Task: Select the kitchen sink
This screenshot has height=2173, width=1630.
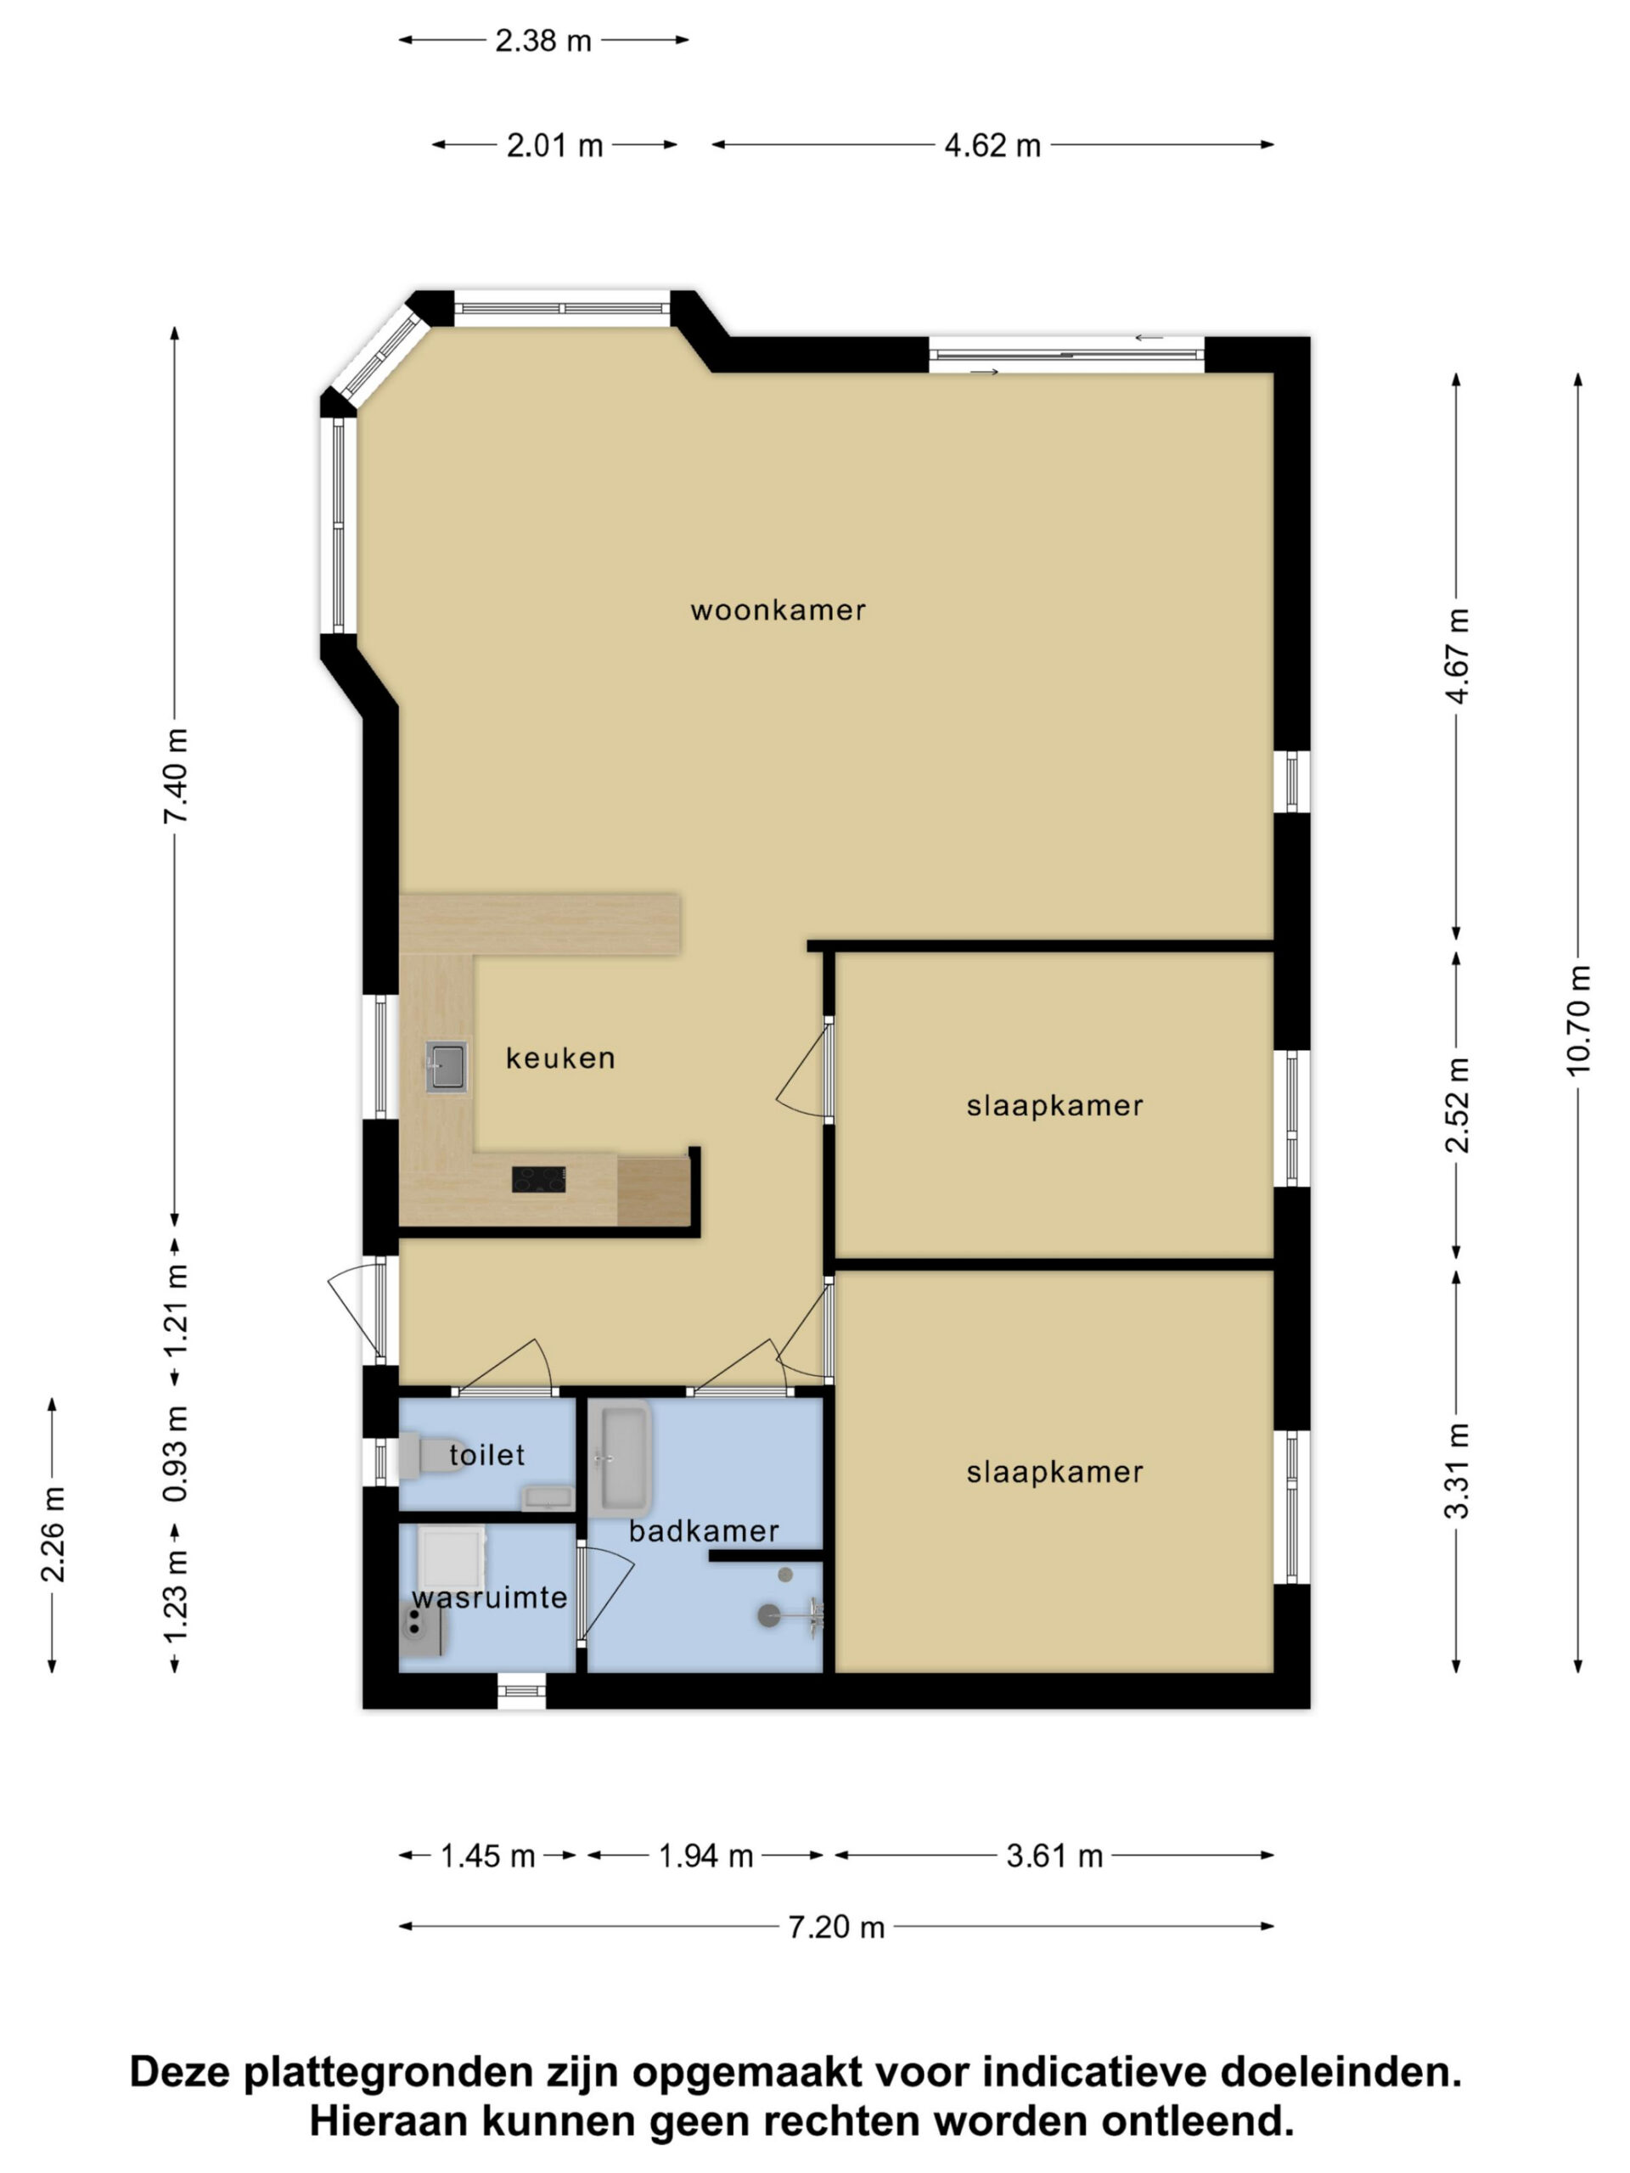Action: [x=446, y=1067]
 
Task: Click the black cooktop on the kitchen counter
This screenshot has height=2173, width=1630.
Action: [x=538, y=1179]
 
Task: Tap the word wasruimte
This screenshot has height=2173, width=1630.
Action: [x=489, y=1597]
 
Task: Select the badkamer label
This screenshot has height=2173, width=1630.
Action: [x=704, y=1530]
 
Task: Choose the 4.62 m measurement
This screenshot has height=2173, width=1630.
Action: [x=992, y=145]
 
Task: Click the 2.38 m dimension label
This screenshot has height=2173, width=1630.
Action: [x=543, y=40]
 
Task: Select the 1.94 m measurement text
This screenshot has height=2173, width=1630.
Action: [x=705, y=1856]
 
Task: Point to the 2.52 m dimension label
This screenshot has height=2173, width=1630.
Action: [x=1456, y=1104]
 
